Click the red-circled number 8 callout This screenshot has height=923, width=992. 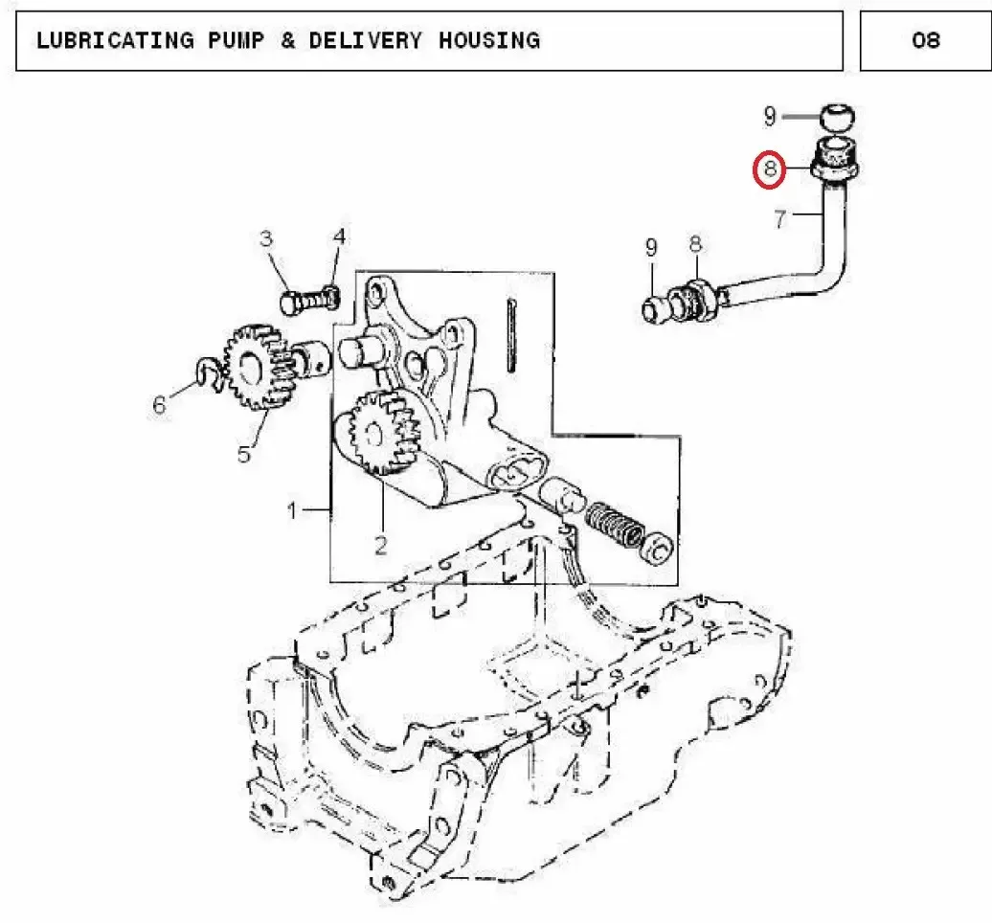[x=769, y=169]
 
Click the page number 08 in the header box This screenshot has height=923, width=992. [x=926, y=40]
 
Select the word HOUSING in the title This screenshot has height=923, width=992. [x=489, y=40]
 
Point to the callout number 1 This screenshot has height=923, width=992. [x=292, y=509]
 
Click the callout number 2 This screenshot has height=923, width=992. [x=380, y=546]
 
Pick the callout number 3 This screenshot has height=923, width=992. [x=266, y=238]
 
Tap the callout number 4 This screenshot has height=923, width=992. [x=340, y=236]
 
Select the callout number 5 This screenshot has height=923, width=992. [x=244, y=454]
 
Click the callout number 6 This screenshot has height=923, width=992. [x=159, y=404]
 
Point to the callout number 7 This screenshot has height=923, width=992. [x=780, y=219]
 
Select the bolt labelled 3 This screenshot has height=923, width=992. [x=309, y=302]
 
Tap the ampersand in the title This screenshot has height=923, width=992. [x=288, y=40]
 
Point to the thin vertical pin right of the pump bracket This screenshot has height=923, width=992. [x=511, y=335]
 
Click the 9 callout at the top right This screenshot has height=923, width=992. [x=769, y=117]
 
